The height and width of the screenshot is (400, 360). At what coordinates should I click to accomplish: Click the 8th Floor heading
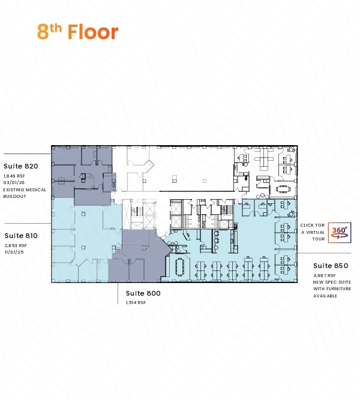point(77,32)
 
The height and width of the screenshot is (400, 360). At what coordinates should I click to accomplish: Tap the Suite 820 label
point(21,166)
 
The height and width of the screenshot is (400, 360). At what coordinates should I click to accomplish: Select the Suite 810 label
point(21,236)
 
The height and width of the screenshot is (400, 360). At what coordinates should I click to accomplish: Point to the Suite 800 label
point(143,293)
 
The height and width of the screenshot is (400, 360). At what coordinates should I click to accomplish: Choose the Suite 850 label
point(331,266)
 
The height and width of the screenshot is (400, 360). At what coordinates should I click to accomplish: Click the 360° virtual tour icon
point(340,233)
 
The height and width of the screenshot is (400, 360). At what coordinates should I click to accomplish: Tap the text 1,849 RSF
point(14,176)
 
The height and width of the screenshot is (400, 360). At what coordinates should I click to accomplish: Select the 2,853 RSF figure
point(16,246)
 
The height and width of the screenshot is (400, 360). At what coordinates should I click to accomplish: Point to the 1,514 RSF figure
point(136,303)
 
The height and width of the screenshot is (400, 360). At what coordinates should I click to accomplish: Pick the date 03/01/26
point(14,183)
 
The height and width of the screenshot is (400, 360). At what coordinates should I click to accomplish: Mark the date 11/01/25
point(14,252)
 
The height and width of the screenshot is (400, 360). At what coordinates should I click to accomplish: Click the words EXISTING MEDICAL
point(25,190)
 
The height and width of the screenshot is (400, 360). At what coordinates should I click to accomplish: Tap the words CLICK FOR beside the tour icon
point(313,225)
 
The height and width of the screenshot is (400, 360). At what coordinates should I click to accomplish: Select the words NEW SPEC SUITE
point(332,282)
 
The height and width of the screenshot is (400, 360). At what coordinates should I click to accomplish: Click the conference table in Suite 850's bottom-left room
point(180,267)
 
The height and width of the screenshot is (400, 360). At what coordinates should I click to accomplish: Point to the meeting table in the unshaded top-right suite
point(283,189)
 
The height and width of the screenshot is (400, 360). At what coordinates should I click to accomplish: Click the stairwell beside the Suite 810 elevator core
point(136,210)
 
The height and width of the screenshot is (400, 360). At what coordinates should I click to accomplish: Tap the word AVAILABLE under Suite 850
point(325,296)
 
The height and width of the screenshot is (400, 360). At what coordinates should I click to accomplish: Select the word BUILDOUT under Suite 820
point(14,197)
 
